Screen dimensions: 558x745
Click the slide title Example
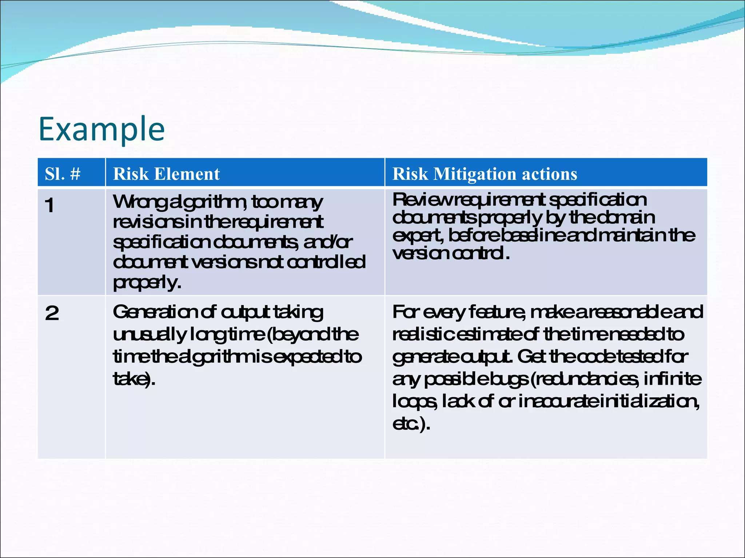pos(101,130)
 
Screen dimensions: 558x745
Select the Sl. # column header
pos(63,174)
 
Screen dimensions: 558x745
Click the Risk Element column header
pos(166,174)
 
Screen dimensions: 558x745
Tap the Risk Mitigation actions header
pos(485,174)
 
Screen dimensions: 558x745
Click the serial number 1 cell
pos(50,206)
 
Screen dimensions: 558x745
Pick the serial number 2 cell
pos(52,313)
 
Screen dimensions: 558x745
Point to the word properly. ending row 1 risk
pos(147,282)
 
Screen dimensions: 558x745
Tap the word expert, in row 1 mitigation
pos(418,236)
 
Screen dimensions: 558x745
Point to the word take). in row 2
pos(134,379)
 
